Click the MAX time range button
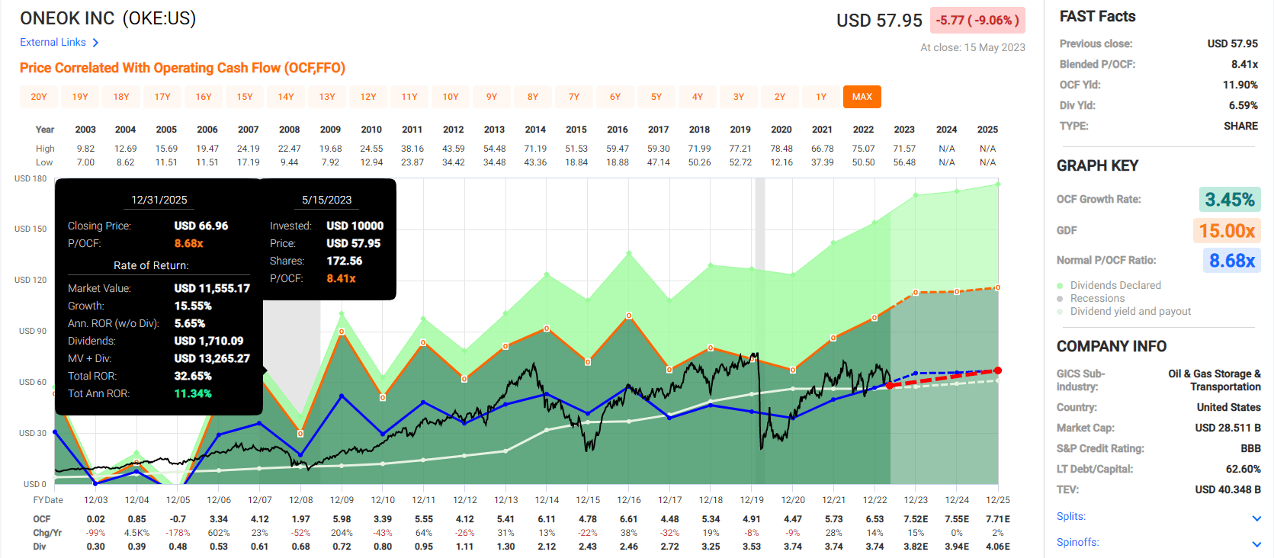(862, 97)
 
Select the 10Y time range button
(451, 97)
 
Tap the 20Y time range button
(39, 97)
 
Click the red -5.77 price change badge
(977, 21)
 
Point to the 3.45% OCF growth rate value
(1229, 200)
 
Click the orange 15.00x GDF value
(1227, 230)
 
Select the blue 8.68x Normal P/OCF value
(1231, 261)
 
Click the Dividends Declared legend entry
(1115, 285)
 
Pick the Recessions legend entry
(1097, 298)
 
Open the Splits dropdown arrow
(1256, 518)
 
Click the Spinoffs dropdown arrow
(1256, 544)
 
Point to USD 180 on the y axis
(30, 178)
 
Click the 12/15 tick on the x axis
(588, 500)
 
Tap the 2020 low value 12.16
(781, 162)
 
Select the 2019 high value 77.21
(740, 149)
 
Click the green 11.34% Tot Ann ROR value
(193, 393)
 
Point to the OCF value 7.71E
(998, 519)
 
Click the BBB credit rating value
(1250, 448)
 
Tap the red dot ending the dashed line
(997, 370)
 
